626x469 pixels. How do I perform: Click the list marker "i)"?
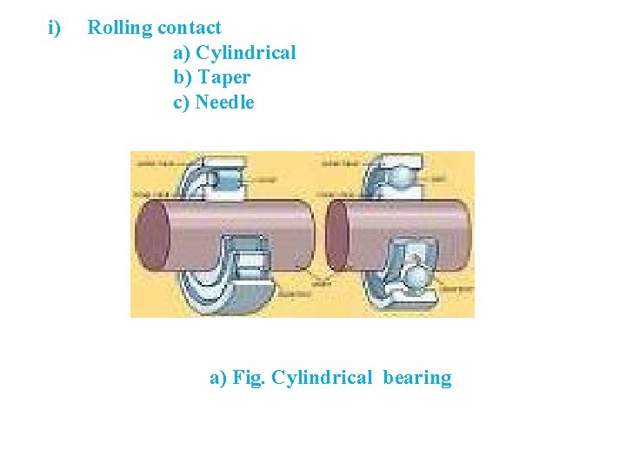55,28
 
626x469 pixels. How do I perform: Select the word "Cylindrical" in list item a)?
246,53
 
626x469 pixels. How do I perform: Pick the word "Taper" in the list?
224,77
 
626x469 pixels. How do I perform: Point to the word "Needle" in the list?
225,102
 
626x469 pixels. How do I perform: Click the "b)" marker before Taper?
183,77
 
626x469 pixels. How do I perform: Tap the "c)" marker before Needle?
183,102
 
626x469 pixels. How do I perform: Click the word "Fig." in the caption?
250,378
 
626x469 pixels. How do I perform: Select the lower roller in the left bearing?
255,261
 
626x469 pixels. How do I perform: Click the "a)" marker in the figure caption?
218,378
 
